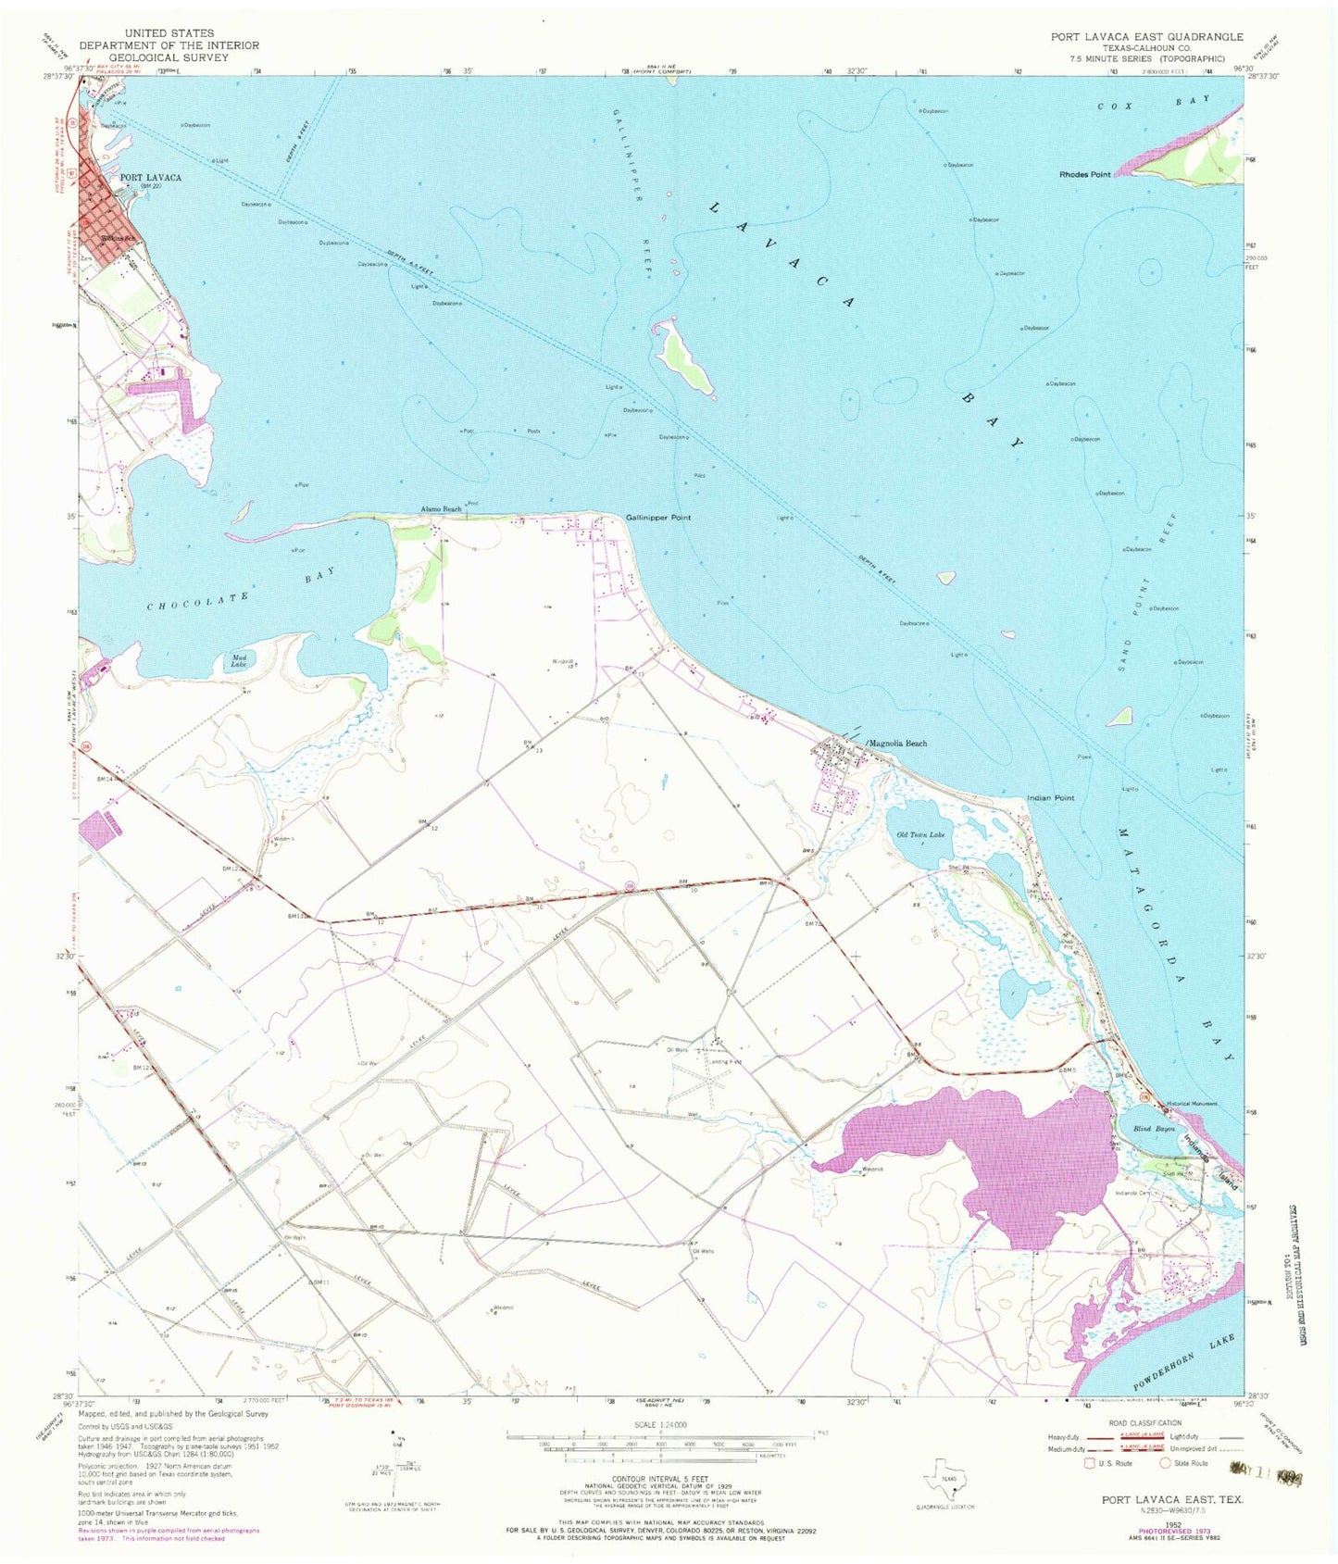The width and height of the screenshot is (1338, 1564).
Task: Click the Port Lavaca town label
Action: [x=150, y=177]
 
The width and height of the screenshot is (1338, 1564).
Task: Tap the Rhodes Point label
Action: [x=1084, y=174]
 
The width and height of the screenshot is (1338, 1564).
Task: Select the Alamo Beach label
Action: [x=441, y=509]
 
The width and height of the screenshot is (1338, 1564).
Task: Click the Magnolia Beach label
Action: [x=896, y=744]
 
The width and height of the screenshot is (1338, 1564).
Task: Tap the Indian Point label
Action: [x=1050, y=797]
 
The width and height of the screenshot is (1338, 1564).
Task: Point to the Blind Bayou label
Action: [x=1153, y=1129]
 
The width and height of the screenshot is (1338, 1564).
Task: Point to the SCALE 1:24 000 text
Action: [x=660, y=1424]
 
